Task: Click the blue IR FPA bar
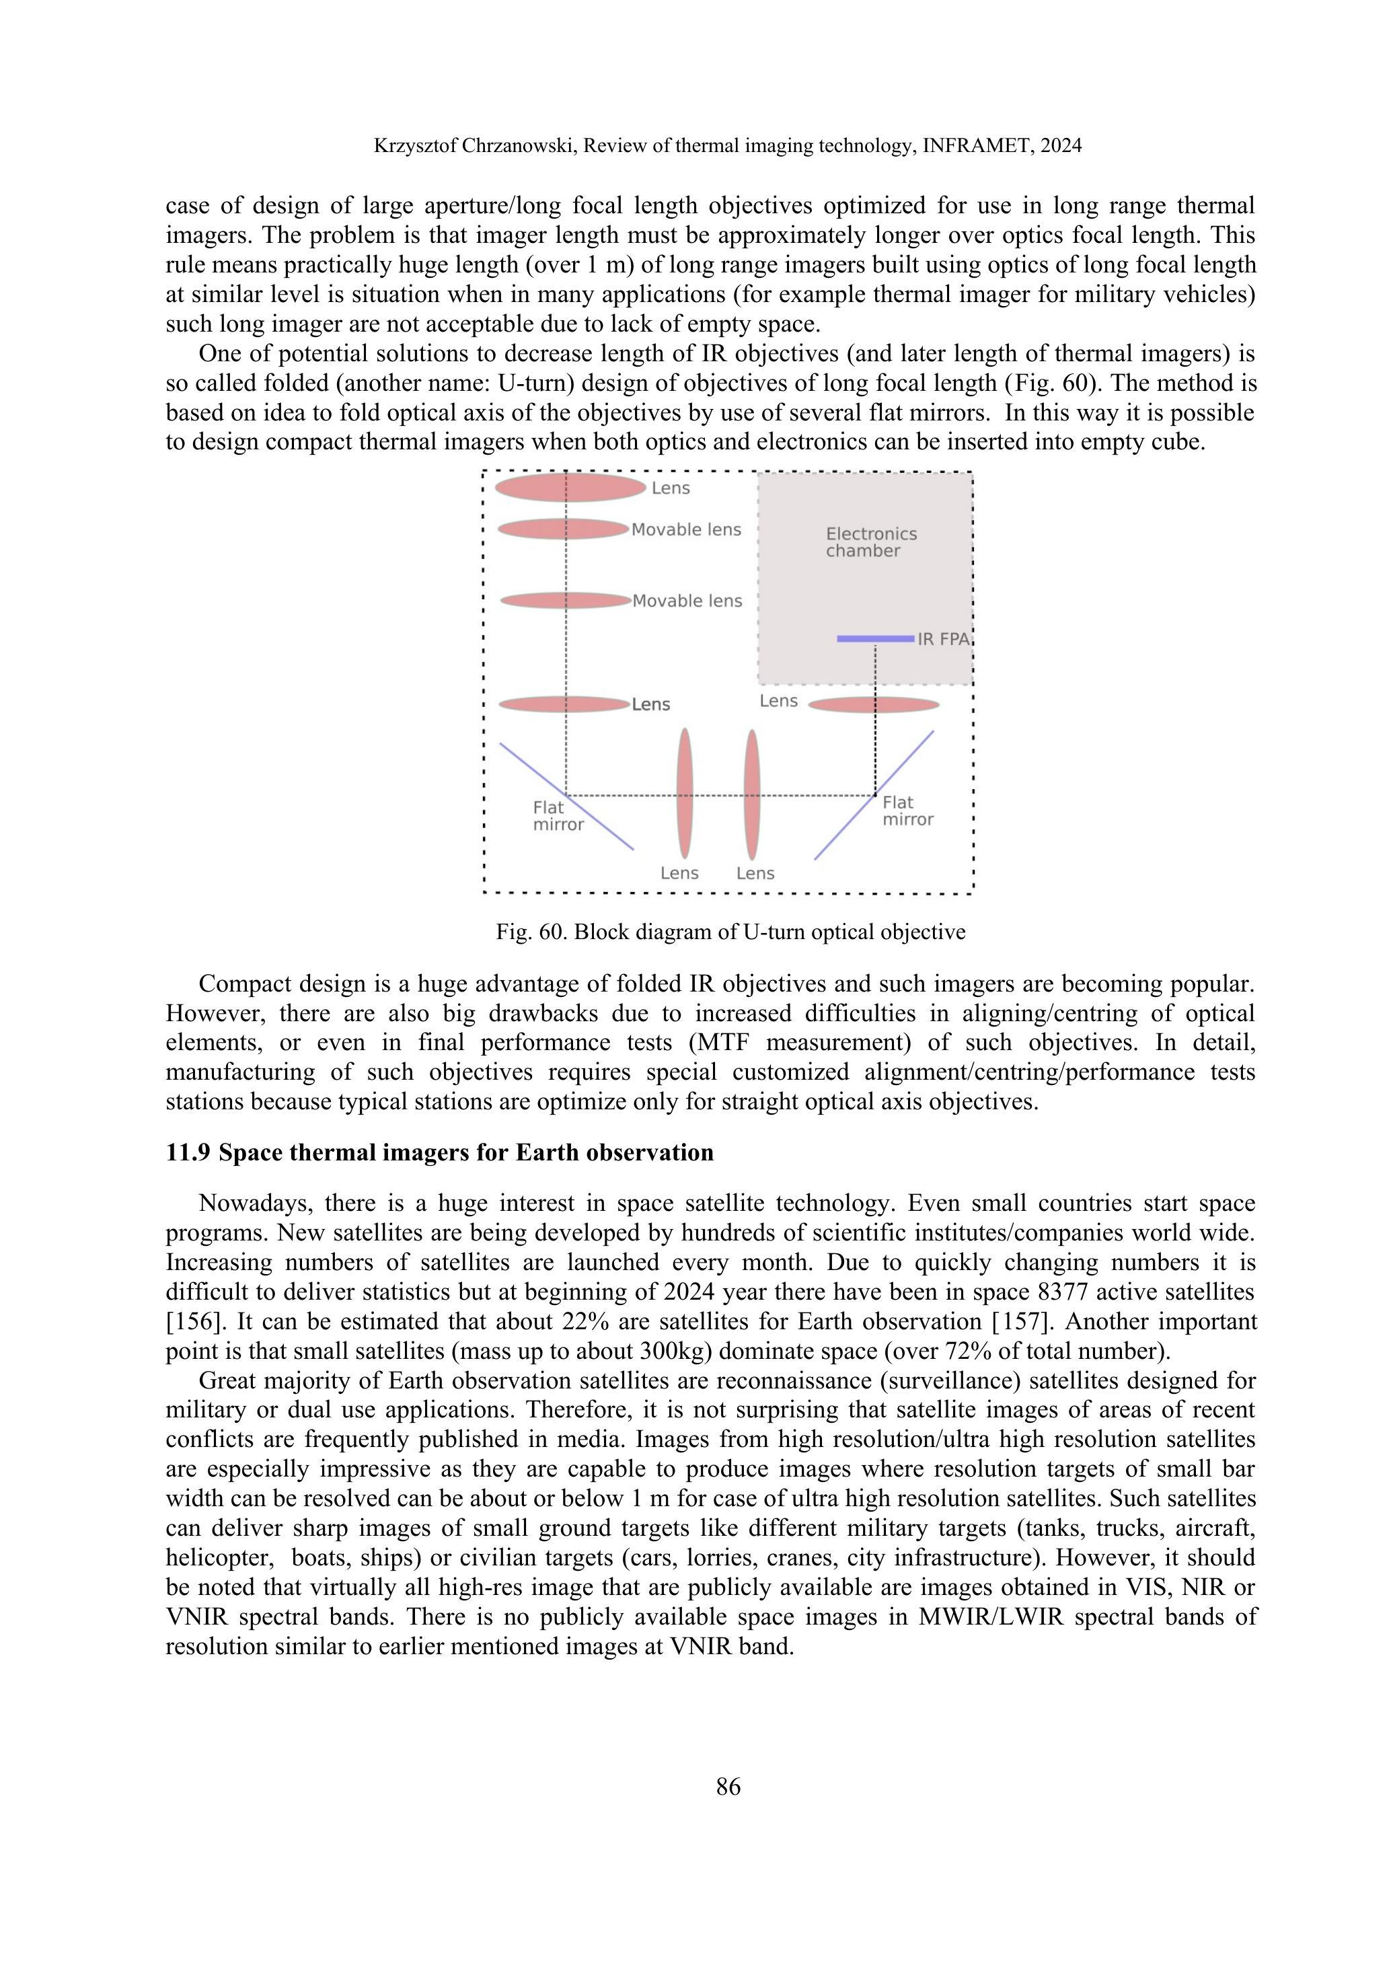[874, 638]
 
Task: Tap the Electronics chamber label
[870, 542]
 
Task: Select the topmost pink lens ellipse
[570, 488]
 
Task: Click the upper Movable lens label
[686, 530]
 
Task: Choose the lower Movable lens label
[687, 601]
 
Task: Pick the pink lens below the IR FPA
[874, 705]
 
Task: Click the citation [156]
[188, 1322]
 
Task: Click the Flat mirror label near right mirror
[907, 811]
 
